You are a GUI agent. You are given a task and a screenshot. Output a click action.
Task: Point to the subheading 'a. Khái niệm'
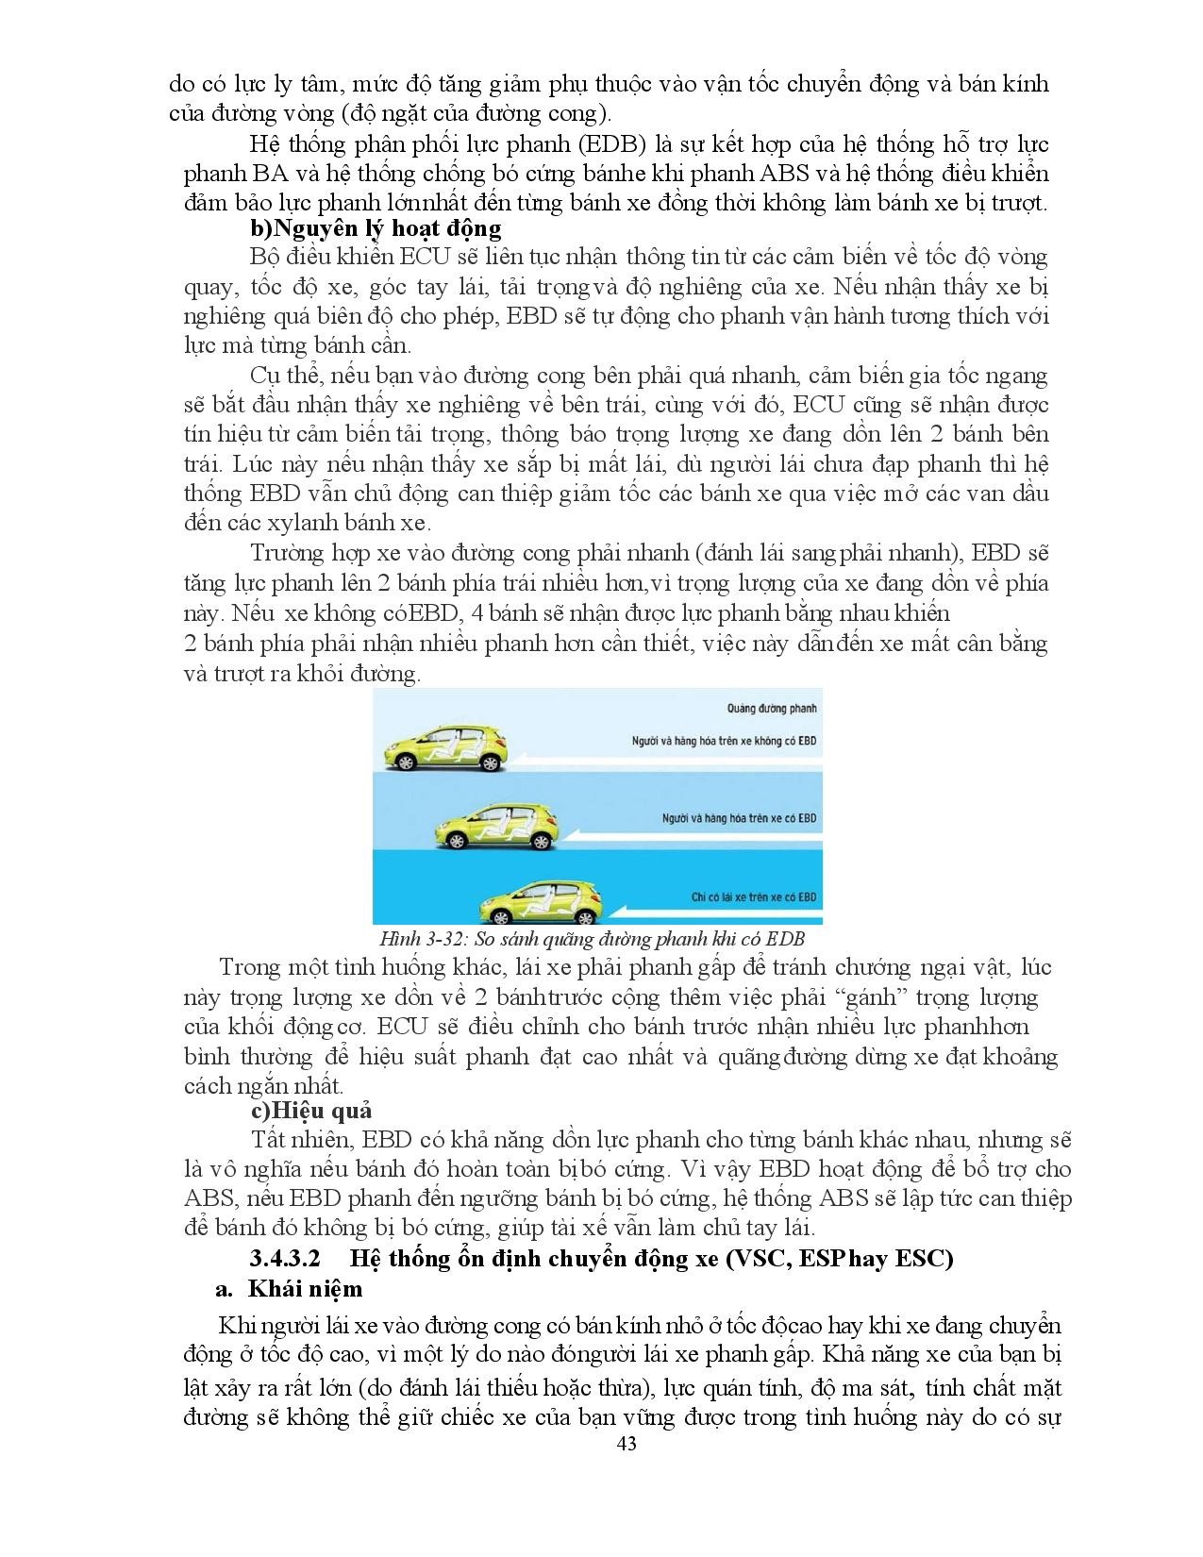pos(289,1289)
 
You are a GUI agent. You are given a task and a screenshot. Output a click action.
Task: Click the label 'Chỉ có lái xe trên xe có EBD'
pos(753,897)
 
